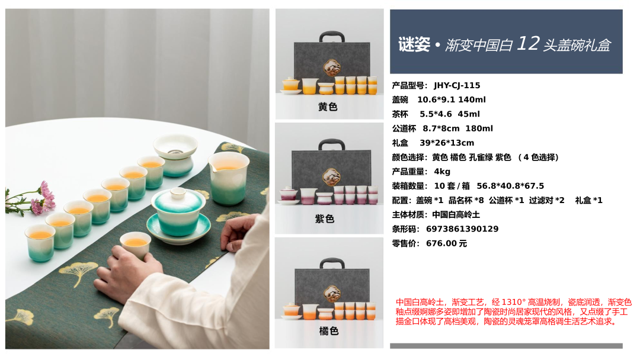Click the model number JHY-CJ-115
click(457, 85)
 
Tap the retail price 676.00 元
click(446, 243)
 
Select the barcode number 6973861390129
click(462, 229)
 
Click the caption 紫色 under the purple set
click(325, 219)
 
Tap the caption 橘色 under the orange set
click(329, 330)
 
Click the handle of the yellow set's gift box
click(331, 36)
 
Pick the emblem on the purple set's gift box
click(331, 178)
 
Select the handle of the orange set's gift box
click(332, 262)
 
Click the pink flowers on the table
click(43, 198)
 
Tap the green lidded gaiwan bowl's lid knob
click(178, 192)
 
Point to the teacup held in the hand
click(135, 245)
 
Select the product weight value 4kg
click(442, 171)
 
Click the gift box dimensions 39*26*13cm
click(447, 143)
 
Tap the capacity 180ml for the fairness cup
click(479, 128)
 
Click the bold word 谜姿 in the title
click(414, 44)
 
